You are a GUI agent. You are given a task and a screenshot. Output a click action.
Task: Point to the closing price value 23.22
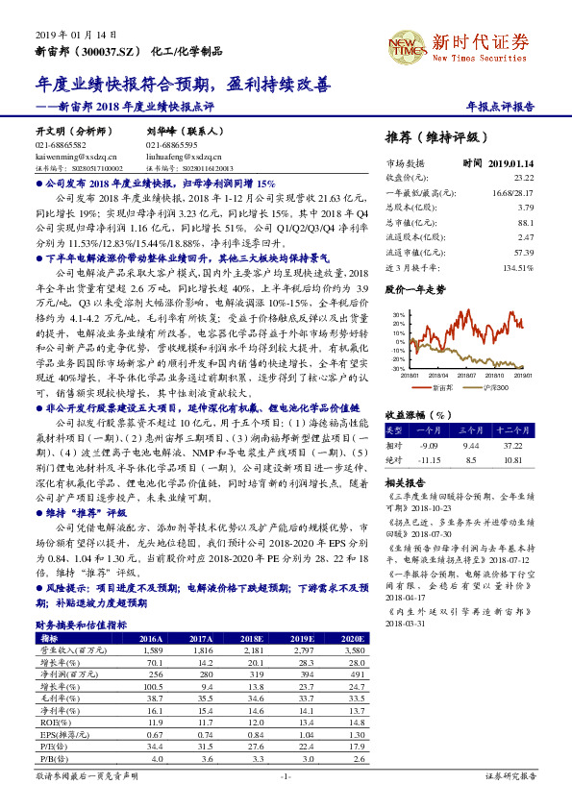click(523, 178)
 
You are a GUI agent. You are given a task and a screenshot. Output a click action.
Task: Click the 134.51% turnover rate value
click(517, 267)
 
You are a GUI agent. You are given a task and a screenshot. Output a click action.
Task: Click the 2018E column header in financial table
click(252, 638)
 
